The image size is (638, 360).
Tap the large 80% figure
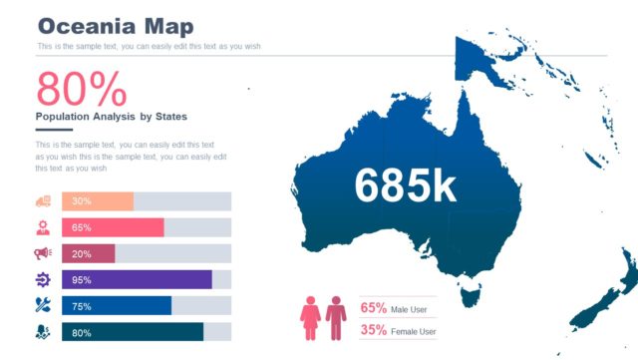point(82,90)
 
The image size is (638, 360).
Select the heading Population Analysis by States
point(111,117)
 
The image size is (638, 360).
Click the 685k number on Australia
point(405,185)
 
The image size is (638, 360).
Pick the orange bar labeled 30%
point(98,201)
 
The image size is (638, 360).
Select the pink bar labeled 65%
point(113,227)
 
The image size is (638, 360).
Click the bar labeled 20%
point(89,253)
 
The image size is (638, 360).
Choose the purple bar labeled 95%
point(137,279)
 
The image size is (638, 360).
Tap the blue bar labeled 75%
point(117,305)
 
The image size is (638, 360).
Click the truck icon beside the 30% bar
point(43,201)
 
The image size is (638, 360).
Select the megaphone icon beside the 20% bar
point(43,253)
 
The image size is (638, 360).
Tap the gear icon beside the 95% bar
point(43,279)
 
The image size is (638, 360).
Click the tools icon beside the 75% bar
point(43,305)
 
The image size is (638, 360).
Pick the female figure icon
point(310,316)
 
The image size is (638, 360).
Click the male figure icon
point(336,316)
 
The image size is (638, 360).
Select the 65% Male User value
point(373,308)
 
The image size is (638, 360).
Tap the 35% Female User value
point(373,330)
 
